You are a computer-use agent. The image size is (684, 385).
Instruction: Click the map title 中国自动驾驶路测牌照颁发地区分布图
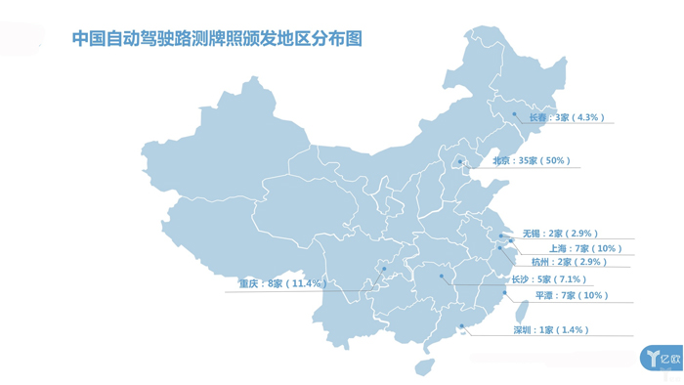click(217, 39)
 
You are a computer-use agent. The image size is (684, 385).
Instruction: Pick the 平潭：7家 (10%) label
click(571, 295)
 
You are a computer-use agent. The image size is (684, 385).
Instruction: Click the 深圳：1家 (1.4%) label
click(550, 330)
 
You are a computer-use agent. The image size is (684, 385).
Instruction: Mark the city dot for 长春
click(515, 114)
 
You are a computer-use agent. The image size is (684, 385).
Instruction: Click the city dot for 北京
click(460, 161)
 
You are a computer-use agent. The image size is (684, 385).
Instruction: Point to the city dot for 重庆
click(384, 269)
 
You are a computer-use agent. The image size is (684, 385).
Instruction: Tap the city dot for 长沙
click(442, 278)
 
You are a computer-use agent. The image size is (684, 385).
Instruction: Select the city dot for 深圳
click(461, 326)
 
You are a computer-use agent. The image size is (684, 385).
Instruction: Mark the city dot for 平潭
click(504, 291)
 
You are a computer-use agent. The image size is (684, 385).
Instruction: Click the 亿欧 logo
click(661, 358)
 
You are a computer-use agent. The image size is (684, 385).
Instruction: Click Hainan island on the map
click(423, 366)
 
